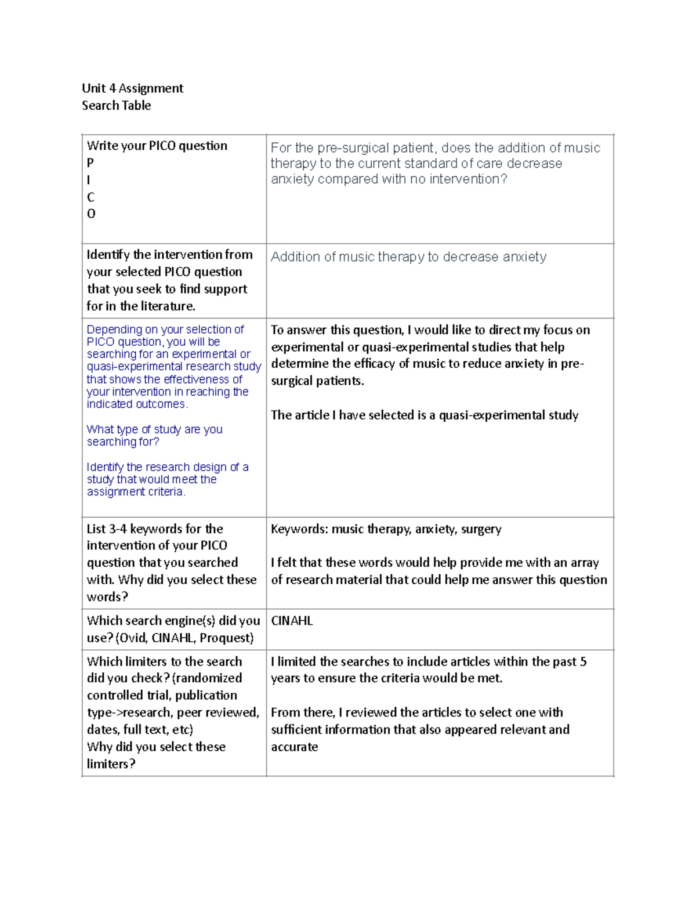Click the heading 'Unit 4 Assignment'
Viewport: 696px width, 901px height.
[x=132, y=88]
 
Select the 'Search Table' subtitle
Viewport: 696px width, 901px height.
[x=116, y=106]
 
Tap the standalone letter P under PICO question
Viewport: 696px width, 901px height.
[x=90, y=163]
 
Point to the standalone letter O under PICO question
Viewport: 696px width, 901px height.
[x=91, y=214]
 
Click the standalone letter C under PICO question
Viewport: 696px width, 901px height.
[x=90, y=197]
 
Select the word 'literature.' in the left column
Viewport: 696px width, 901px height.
[x=168, y=306]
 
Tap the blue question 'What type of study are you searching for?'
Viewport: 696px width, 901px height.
[x=154, y=436]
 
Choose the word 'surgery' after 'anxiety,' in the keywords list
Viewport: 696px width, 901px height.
[x=481, y=529]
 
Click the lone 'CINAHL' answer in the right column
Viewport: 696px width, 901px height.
[x=292, y=621]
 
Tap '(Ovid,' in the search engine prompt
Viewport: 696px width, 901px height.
[x=132, y=638]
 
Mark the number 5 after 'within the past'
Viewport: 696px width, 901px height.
[x=583, y=662]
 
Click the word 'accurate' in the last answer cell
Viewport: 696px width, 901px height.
[x=294, y=747]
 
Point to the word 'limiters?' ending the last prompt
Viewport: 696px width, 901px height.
[x=111, y=764]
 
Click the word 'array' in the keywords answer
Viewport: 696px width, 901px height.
[x=584, y=563]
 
